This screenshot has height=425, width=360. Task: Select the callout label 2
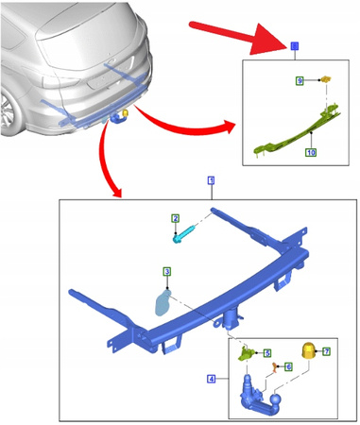[175, 218]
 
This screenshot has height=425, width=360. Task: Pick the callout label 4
[211, 379]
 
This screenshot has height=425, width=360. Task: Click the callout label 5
[267, 352]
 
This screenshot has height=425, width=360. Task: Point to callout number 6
[288, 365]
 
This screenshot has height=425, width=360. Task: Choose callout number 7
[326, 351]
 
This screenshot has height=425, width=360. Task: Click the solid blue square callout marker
[294, 46]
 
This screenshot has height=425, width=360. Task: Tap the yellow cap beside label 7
[308, 351]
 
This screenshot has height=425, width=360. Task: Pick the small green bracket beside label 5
[246, 353]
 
